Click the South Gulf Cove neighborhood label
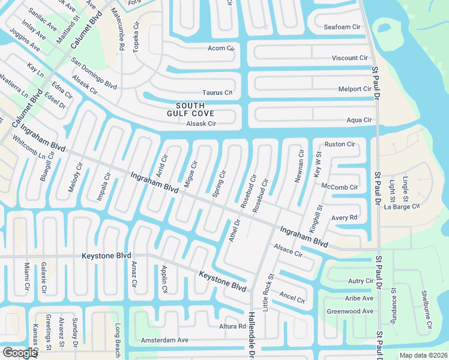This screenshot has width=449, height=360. click(x=190, y=109)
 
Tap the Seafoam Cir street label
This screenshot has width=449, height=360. click(x=342, y=27)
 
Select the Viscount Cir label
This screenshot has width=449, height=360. click(x=349, y=58)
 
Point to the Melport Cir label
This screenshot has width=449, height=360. click(x=354, y=89)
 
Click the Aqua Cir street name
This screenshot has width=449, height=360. click(x=359, y=120)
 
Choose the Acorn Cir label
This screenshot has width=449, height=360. click(x=220, y=48)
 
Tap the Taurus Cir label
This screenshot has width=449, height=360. click(x=217, y=92)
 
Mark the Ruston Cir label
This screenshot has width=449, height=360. click(x=340, y=144)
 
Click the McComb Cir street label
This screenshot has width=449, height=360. click(x=339, y=187)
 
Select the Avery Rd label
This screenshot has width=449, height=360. click(x=344, y=217)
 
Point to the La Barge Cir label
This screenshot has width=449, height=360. click(x=401, y=207)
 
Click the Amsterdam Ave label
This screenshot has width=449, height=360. click(x=164, y=340)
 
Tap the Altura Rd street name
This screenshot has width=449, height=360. click(x=233, y=326)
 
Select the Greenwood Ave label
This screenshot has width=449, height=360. click(x=349, y=311)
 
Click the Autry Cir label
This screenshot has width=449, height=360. click(x=360, y=281)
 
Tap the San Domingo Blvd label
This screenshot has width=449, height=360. click(x=94, y=74)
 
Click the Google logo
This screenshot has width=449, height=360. click(x=20, y=353)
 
